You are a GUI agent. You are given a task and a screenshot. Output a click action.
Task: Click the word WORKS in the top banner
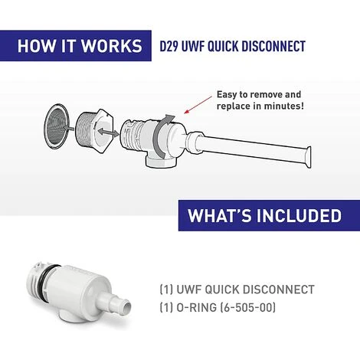click(111, 46)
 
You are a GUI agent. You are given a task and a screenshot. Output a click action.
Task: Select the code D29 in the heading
click(169, 46)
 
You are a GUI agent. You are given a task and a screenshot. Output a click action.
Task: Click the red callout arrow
click(198, 105)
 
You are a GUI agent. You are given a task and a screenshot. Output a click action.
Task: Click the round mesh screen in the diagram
click(56, 126)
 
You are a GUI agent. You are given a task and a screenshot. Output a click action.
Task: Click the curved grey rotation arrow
click(162, 136)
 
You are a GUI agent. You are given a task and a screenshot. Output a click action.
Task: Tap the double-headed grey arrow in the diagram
click(108, 133)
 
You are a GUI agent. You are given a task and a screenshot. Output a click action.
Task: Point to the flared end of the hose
click(307, 157)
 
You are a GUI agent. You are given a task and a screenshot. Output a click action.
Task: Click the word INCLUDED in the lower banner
click(299, 216)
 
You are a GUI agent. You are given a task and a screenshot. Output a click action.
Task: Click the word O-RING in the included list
click(196, 307)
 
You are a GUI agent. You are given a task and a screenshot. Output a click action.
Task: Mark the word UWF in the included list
click(188, 290)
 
